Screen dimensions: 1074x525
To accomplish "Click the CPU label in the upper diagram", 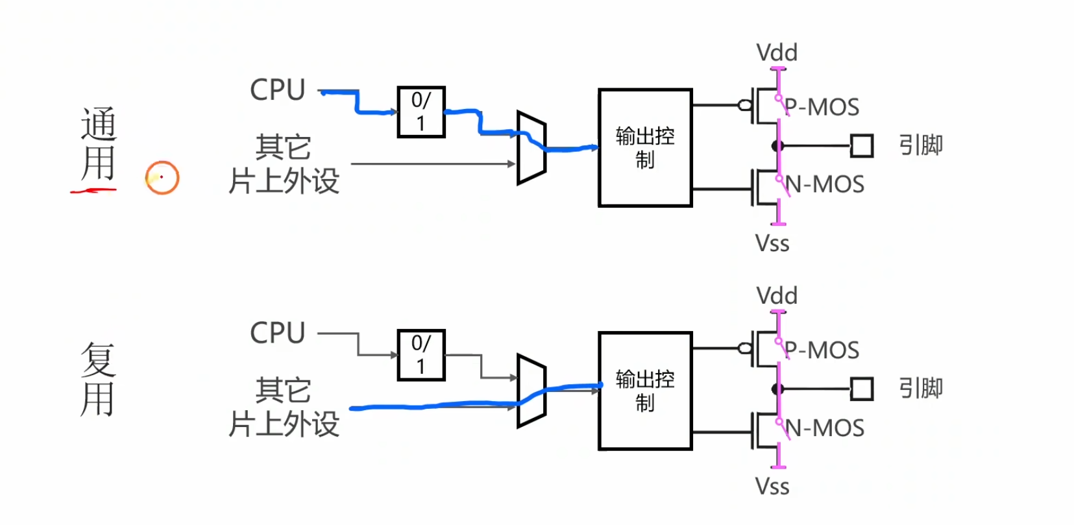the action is (x=278, y=90).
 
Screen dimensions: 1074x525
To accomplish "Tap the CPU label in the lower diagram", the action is (x=278, y=333).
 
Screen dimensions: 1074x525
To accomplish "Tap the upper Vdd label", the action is (x=777, y=53).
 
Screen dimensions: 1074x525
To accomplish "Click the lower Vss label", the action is (x=772, y=486).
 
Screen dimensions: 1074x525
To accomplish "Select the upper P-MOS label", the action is (x=822, y=107).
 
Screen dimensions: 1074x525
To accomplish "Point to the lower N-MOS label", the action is (x=825, y=428).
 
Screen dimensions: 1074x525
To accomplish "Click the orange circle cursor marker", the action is (x=162, y=161).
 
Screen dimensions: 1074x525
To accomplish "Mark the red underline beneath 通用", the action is (x=93, y=191).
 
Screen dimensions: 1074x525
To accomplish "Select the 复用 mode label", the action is (x=98, y=379).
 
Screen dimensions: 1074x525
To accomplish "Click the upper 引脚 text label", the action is (x=921, y=145).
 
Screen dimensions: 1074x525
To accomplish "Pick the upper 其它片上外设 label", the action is (x=284, y=164).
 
